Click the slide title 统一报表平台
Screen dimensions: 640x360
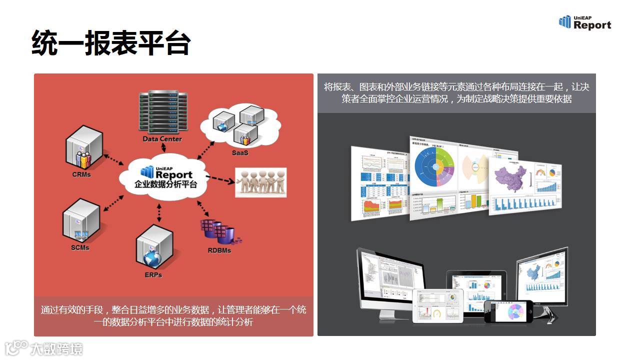pos(110,42)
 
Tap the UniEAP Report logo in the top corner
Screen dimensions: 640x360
pos(584,22)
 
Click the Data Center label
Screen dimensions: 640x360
pos(162,139)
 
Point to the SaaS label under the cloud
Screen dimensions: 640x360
pos(239,152)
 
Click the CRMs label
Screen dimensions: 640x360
pos(81,174)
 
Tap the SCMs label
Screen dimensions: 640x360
pos(80,247)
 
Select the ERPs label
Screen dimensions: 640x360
pos(153,274)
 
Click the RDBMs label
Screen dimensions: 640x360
pos(219,250)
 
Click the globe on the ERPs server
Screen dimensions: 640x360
pos(152,258)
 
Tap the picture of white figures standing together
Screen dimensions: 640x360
pos(261,182)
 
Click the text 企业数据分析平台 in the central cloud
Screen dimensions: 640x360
pos(165,184)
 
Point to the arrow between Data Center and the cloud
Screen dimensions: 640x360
pos(162,149)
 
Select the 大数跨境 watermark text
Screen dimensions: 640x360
pos(56,349)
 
